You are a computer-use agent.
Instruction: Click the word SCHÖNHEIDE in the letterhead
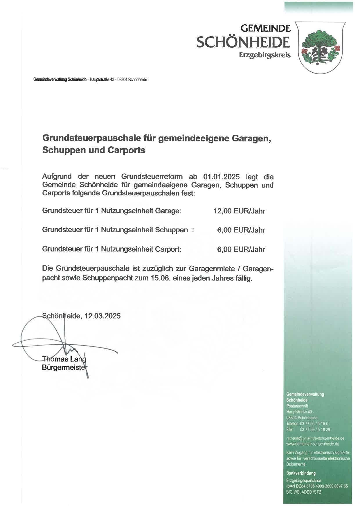point(243,43)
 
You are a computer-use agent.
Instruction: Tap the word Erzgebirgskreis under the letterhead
point(264,55)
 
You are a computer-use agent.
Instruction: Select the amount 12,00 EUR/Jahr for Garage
point(239,211)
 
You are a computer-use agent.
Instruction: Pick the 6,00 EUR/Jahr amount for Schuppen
point(241,230)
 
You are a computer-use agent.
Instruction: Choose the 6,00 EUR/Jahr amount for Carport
point(241,249)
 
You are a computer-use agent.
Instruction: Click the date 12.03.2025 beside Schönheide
point(102,316)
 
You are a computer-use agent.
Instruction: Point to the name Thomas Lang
point(64,359)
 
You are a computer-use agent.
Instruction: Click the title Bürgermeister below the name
point(64,367)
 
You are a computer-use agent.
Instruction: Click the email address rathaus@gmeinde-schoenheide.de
point(315,438)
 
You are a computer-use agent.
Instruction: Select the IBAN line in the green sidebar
point(317,486)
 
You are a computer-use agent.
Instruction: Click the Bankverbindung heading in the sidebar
point(301,473)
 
